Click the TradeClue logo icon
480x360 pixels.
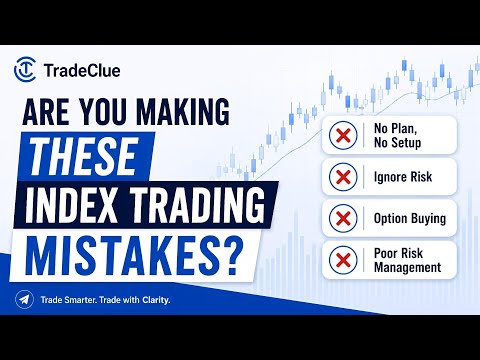click(x=25, y=70)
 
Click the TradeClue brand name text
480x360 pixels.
click(x=82, y=71)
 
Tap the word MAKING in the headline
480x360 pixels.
click(x=183, y=112)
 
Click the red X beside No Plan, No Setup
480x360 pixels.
click(x=343, y=135)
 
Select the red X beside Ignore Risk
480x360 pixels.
click(x=343, y=177)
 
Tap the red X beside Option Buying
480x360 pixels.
click(x=343, y=218)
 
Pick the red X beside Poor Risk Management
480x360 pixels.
click(x=343, y=260)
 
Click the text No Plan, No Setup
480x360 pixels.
click(x=397, y=135)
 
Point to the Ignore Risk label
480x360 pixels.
click(x=403, y=177)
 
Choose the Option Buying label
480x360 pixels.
click(x=410, y=219)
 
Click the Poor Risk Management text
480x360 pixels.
click(x=407, y=260)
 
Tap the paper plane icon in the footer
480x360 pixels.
click(x=24, y=300)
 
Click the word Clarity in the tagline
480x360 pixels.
click(x=156, y=300)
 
